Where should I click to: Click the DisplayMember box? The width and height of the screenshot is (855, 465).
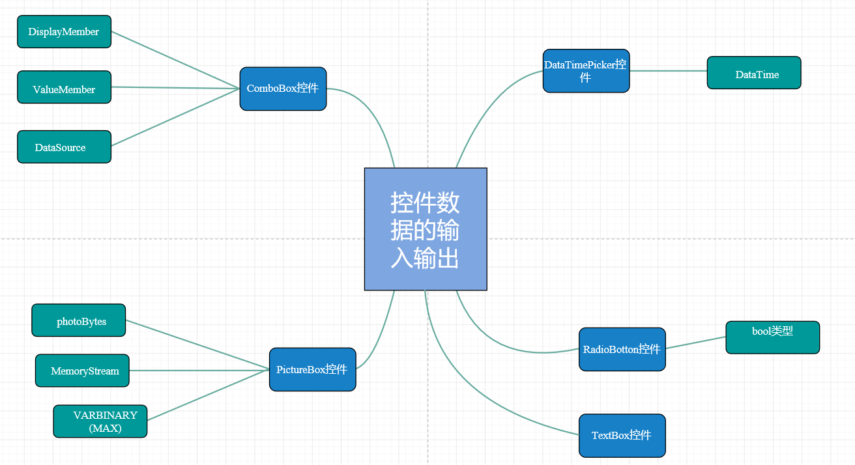point(64,32)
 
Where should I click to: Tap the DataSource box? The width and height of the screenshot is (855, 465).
point(64,147)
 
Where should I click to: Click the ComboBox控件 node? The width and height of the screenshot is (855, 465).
point(283,89)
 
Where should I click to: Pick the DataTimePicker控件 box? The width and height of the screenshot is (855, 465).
point(586,71)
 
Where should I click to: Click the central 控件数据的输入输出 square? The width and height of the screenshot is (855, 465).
point(426,229)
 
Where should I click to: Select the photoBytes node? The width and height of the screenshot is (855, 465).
point(78,320)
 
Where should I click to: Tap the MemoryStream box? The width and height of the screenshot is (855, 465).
point(82,371)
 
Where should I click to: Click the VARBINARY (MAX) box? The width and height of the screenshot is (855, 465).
point(100,421)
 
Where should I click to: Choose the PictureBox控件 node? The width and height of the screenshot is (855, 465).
point(312,369)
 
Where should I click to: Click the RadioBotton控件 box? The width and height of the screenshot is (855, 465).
point(622,349)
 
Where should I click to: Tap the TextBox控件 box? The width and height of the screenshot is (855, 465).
point(622,436)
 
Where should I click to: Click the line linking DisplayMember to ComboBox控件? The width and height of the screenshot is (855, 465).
point(176,60)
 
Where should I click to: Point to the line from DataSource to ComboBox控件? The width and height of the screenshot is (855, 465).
point(176,117)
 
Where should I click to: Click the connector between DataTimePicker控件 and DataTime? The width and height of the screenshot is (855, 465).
point(668,70)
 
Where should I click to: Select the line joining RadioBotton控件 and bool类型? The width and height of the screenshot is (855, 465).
point(695,343)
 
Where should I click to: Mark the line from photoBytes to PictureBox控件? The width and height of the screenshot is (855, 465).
point(197,345)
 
